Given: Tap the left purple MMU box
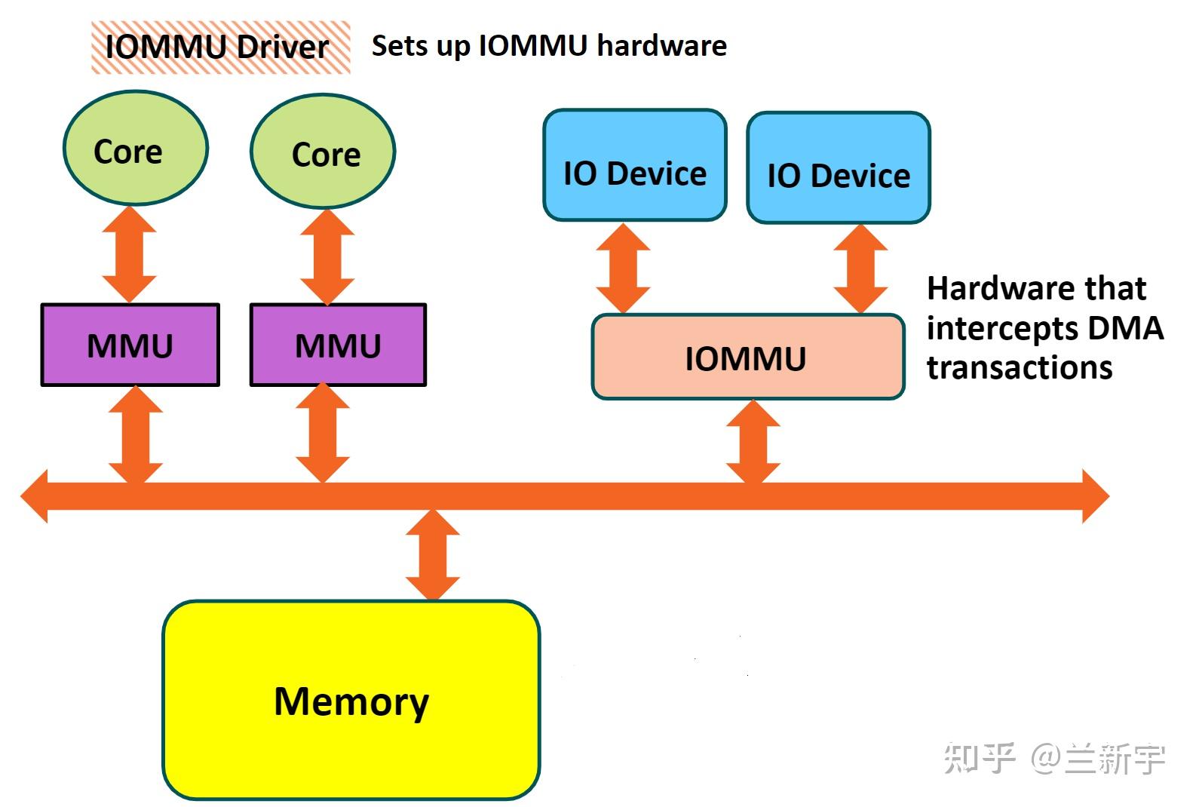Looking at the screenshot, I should click(x=130, y=345).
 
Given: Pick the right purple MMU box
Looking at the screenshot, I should click(x=338, y=345).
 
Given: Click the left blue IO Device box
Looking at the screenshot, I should click(x=635, y=166).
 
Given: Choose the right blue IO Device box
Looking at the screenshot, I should click(x=839, y=168).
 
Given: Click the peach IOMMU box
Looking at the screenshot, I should click(x=747, y=357).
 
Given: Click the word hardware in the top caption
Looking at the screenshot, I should click(x=661, y=46).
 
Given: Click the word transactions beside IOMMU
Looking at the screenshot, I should click(x=1019, y=368).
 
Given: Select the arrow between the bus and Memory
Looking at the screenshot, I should click(x=433, y=554).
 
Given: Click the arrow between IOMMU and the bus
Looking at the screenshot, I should click(x=753, y=441).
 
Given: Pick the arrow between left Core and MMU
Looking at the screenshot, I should click(x=130, y=254).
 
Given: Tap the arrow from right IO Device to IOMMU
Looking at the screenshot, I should click(x=860, y=268).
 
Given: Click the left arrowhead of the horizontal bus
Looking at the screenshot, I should click(x=35, y=496).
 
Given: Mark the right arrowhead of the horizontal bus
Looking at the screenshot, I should click(x=1096, y=496).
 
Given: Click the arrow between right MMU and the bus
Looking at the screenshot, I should click(x=323, y=434).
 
